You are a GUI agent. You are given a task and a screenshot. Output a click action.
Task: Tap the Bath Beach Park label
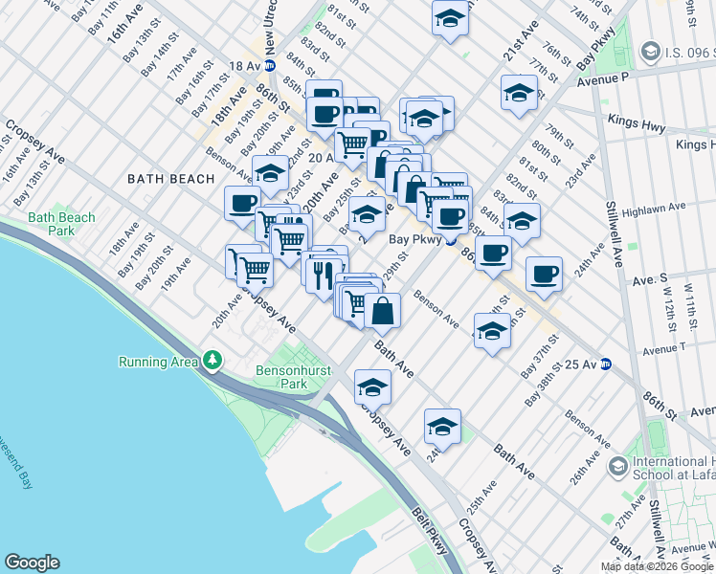62,224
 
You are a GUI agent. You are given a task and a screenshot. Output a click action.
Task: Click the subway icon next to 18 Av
270,65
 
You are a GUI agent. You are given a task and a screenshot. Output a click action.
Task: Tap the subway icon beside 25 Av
605,364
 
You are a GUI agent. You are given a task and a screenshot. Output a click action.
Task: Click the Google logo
32,563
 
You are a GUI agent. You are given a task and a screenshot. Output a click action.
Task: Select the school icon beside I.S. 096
651,50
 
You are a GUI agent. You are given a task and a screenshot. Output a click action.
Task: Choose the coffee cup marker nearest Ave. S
544,275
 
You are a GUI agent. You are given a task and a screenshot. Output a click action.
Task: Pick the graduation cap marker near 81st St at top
450,18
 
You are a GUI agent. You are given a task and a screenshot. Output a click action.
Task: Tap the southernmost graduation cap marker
442,427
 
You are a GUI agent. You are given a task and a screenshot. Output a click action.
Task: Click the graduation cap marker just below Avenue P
519,94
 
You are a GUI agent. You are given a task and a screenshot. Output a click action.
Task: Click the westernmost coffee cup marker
242,203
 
